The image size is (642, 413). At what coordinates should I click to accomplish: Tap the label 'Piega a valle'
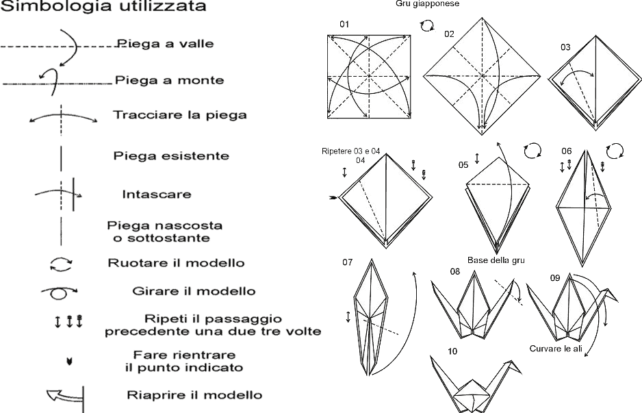click(x=166, y=44)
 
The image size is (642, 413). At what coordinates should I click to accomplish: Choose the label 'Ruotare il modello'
click(x=167, y=262)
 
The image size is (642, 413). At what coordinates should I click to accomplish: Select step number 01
click(x=344, y=25)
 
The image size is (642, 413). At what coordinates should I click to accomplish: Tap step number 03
click(x=565, y=47)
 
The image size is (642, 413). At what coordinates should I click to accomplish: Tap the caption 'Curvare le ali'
click(x=555, y=349)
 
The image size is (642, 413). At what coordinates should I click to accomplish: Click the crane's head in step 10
click(x=510, y=364)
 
